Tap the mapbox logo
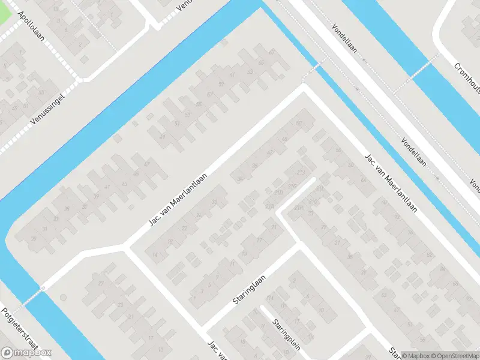(x=26, y=353)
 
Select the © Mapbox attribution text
(x=415, y=355)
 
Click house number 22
(x=184, y=229)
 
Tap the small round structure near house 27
(x=43, y=289)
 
